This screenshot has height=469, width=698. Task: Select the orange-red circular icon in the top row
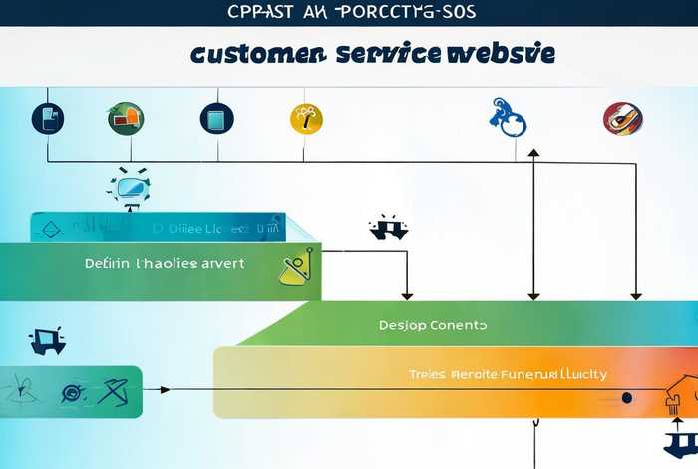pyautogui.click(x=622, y=118)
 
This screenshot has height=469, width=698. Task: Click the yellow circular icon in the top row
pyautogui.click(x=306, y=118)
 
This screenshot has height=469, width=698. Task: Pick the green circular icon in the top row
pyautogui.click(x=125, y=118)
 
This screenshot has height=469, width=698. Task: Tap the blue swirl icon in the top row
pyautogui.click(x=509, y=117)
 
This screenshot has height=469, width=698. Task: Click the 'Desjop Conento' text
pyautogui.click(x=433, y=325)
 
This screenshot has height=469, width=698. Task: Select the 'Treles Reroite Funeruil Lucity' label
pyautogui.click(x=508, y=374)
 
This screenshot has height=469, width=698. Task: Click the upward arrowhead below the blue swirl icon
pyautogui.click(x=533, y=155)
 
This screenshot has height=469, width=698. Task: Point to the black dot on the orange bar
pyautogui.click(x=626, y=397)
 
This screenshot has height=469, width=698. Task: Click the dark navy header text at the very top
pyautogui.click(x=349, y=12)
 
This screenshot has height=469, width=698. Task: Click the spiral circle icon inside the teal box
pyautogui.click(x=72, y=392)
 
